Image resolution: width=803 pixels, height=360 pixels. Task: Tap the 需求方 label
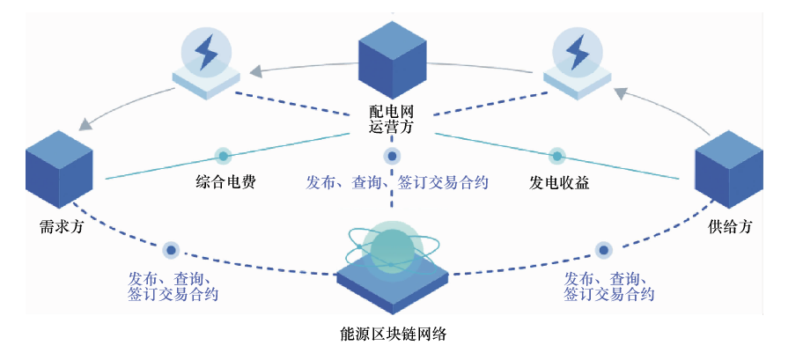point(62,224)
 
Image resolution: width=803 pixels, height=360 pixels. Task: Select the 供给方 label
point(730,226)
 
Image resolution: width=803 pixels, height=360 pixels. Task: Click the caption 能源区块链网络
point(399,335)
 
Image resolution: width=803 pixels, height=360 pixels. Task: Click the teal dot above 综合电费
point(224,156)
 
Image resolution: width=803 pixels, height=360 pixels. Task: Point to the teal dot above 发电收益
point(556,156)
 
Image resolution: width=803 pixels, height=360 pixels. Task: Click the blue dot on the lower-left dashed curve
point(172,249)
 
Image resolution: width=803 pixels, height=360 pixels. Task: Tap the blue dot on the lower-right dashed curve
point(603,249)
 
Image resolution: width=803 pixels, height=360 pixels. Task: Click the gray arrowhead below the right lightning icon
point(619,92)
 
